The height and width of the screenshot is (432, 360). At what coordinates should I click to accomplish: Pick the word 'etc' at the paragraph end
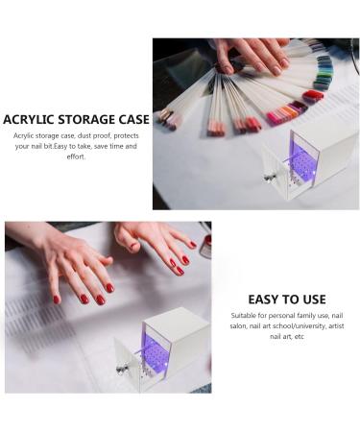300,337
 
